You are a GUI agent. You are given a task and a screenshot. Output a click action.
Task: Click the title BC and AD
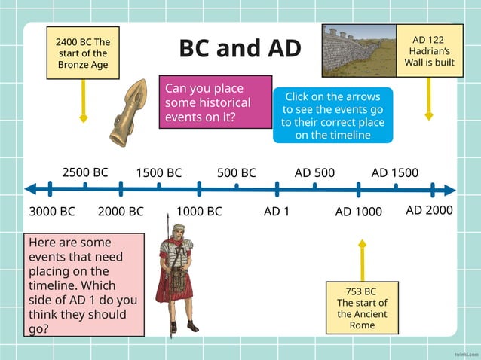tap(240, 48)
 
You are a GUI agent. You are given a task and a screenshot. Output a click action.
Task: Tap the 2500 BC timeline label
tap(84, 172)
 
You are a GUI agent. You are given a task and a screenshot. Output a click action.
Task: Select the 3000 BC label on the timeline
tap(52, 212)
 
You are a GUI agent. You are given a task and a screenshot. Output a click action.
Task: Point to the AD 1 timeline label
tap(277, 212)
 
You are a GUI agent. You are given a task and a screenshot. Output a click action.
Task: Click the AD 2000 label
tap(429, 210)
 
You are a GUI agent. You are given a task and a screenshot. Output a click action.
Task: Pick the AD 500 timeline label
tap(314, 172)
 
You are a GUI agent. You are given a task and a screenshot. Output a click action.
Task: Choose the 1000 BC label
tap(199, 212)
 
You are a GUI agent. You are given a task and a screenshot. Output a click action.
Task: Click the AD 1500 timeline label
tap(394, 172)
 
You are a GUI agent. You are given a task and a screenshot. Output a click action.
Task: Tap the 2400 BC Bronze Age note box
tap(83, 53)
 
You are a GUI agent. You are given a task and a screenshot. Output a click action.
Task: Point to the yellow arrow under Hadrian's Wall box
tap(429, 98)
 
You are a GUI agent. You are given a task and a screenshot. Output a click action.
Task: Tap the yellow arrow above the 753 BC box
tap(362, 261)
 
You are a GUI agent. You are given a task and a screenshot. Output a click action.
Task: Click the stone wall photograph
tap(359, 50)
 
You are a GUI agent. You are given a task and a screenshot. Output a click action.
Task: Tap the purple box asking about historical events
tap(215, 102)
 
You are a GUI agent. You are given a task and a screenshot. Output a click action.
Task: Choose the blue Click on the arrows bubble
tap(332, 115)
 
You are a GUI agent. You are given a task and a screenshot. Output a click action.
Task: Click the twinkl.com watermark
tap(467, 352)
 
